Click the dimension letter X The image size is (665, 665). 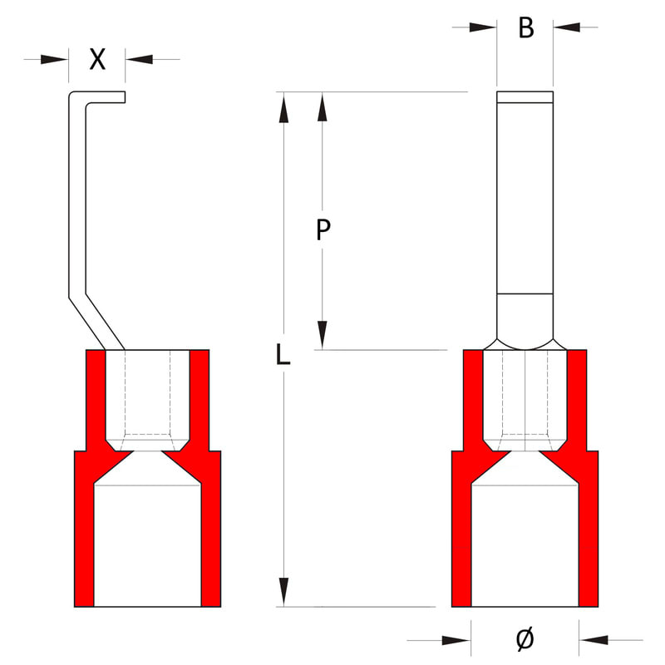[97, 59]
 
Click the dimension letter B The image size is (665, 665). [526, 28]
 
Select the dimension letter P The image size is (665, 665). [323, 230]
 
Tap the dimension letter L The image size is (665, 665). [283, 355]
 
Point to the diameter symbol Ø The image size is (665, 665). [525, 639]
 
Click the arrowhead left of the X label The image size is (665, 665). [54, 59]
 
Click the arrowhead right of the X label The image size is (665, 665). [139, 59]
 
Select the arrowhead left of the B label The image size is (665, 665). [483, 27]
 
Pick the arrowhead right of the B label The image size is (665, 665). [567, 27]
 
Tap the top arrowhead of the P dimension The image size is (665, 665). [323, 107]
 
